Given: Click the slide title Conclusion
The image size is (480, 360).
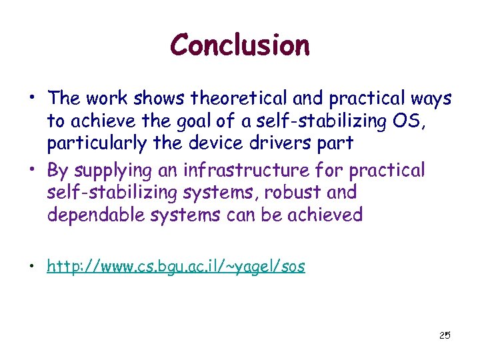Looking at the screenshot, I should (x=240, y=46).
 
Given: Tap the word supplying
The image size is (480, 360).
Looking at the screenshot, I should (x=105, y=171).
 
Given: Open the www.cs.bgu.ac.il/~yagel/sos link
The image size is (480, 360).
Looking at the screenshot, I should (x=176, y=267).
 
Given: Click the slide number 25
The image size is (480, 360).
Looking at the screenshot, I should (x=445, y=335).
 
